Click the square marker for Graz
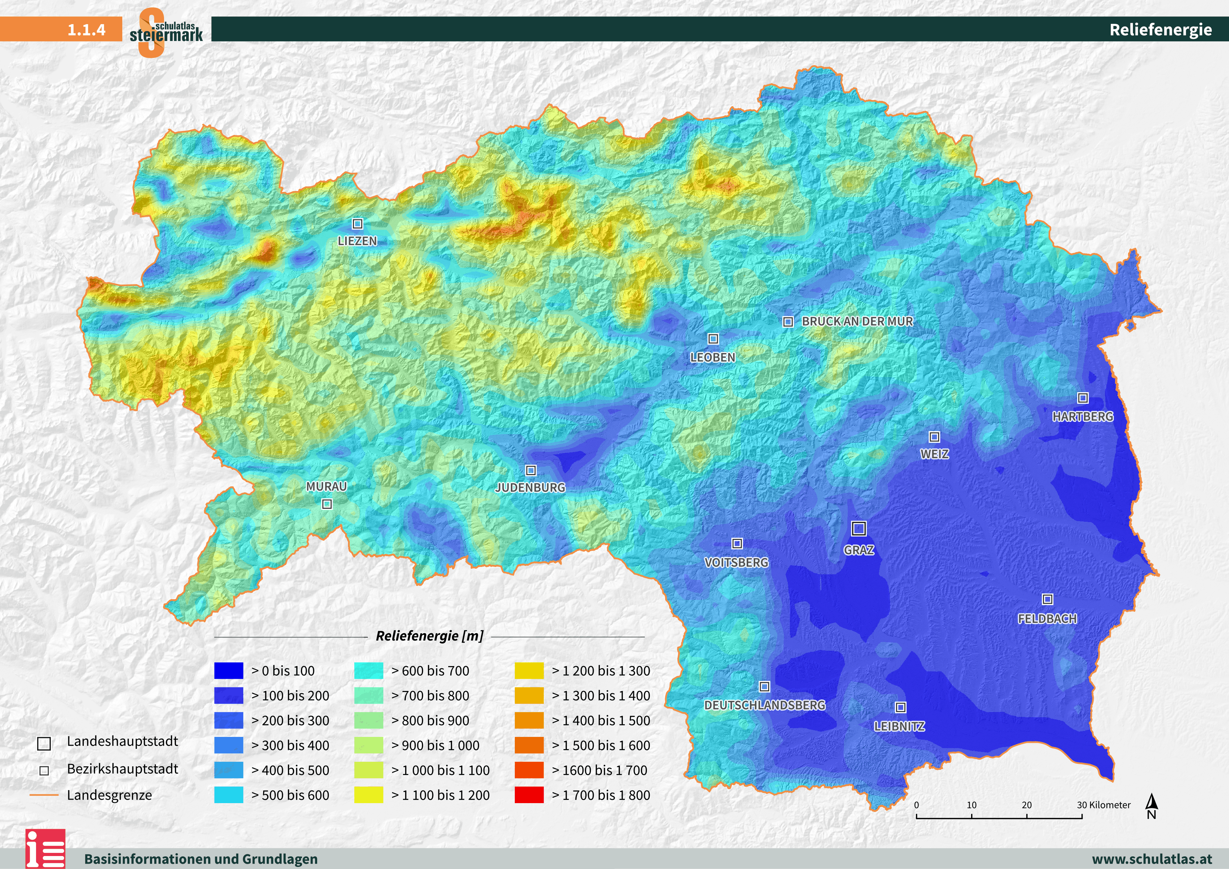[859, 529]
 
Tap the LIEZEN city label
[357, 241]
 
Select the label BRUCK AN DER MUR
[857, 321]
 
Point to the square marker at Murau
[327, 504]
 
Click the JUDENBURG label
[530, 487]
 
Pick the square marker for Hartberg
[1082, 398]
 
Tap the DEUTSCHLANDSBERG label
[764, 705]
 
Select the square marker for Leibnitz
[900, 707]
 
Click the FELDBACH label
[1047, 618]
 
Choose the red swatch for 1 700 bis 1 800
[529, 795]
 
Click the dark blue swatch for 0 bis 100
[228, 670]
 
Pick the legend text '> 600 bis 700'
[430, 670]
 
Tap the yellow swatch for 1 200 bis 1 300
[529, 670]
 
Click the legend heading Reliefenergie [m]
[429, 636]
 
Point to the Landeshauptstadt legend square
[44, 744]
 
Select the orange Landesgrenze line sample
[44, 795]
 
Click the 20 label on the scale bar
[1026, 805]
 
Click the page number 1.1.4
[86, 29]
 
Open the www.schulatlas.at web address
[1152, 859]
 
